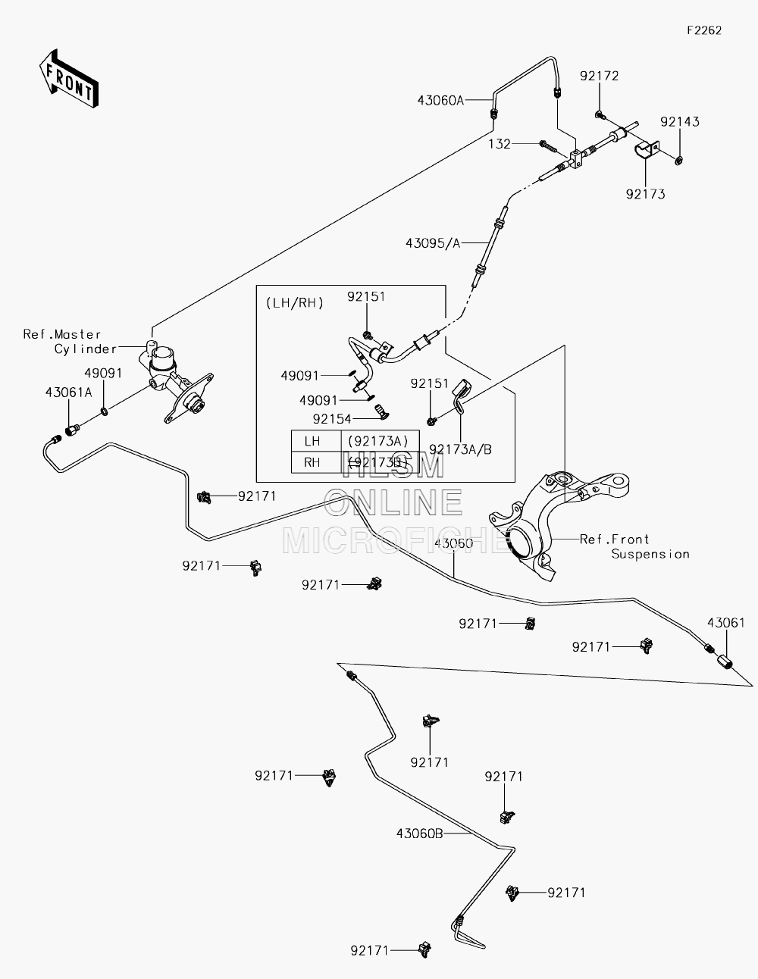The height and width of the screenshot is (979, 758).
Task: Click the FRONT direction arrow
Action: pos(68,78)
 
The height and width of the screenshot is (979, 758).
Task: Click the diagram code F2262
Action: pos(704,30)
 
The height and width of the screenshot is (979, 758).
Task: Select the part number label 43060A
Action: pos(440,100)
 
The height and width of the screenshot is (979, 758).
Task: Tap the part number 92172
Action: pos(600,76)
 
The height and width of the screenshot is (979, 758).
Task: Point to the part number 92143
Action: pos(680,122)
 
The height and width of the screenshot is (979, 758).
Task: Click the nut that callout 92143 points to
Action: pos(678,159)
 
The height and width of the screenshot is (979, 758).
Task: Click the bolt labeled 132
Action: pos(548,146)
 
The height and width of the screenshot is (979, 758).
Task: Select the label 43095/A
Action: pos(433,243)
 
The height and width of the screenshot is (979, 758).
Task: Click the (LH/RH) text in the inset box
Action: pos(295,303)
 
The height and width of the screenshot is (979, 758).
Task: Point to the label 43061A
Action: pos(68,393)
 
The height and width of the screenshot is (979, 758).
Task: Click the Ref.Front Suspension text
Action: pos(634,546)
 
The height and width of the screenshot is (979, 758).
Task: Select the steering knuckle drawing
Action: pos(559,525)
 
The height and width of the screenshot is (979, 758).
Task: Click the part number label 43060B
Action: pos(420,834)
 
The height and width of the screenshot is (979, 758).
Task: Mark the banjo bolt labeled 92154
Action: pos(382,411)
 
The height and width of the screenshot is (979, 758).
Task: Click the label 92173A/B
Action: pos(460,449)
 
